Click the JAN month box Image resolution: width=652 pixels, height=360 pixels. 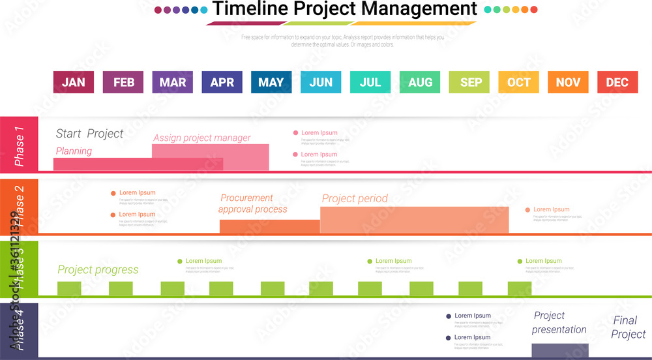[73, 82]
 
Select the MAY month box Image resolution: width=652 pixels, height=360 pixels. [271, 82]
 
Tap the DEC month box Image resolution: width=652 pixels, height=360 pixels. [617, 82]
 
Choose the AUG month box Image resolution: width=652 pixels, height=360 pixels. [420, 82]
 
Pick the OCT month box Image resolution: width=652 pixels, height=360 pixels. [518, 82]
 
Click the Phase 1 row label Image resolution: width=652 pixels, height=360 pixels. [20, 145]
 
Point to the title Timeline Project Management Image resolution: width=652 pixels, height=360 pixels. [344, 9]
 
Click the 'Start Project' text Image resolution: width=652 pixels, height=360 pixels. [89, 134]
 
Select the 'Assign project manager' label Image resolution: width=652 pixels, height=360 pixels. [201, 138]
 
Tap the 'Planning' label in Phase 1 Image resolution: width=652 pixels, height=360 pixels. [74, 151]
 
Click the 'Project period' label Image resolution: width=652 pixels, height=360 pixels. [355, 198]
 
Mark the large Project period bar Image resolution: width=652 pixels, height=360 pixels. [414, 220]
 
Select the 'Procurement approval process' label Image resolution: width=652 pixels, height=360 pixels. [252, 203]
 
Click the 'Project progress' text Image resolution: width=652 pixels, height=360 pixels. [98, 269]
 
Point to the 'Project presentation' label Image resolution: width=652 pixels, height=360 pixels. [559, 322]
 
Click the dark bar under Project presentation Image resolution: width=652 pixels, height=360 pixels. [559, 350]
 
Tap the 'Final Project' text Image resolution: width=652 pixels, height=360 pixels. [628, 327]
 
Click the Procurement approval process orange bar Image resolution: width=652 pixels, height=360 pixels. [269, 226]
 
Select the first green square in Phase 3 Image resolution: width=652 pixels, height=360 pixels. [69, 288]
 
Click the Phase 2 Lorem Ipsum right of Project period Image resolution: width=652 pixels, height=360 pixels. [551, 209]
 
